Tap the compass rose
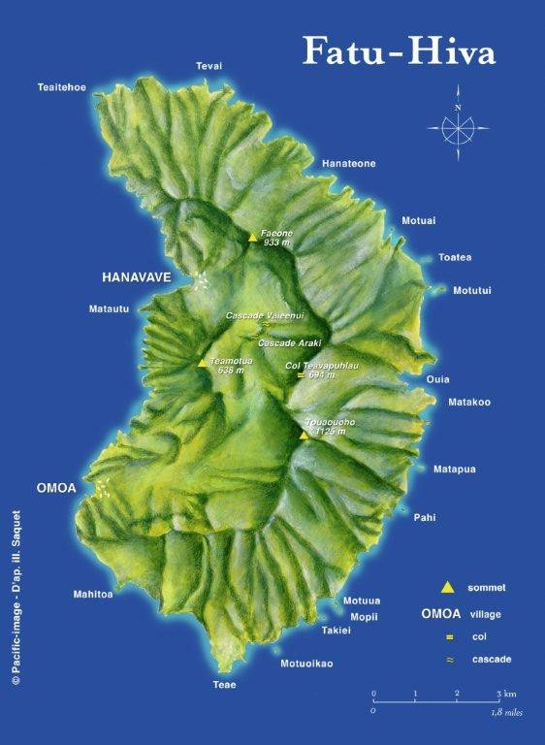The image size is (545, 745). coord(457,125)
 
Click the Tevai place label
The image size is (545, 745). coord(208,66)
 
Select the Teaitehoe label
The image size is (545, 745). coord(61,87)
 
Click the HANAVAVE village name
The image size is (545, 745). coord(137,277)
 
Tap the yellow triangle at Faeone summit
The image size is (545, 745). coord(252,236)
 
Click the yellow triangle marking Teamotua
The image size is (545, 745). coord(202,363)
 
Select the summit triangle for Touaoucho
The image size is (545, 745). coord(304,435)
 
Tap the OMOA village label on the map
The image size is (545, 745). coord(55,487)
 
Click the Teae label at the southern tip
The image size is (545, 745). coord(224,685)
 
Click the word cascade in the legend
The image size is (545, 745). coord(493,660)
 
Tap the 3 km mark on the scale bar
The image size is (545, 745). coord(499,695)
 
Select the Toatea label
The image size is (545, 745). coord(455,257)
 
